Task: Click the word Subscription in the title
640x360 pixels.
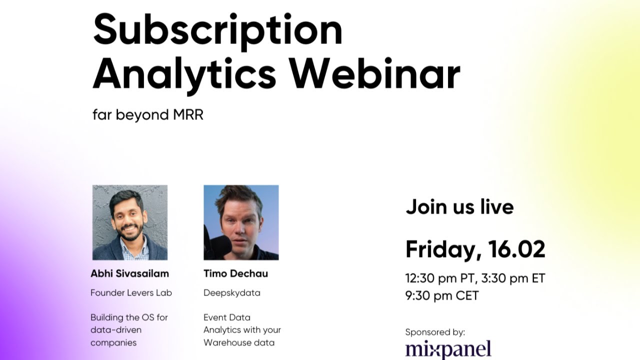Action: pos(217,31)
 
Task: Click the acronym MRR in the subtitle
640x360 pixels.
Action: pos(188,114)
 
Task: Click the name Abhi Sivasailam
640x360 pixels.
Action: pos(129,273)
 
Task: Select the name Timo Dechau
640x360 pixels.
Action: pos(235,273)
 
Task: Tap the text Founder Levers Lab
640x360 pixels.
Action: pos(131,293)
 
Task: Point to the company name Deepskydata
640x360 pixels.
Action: pos(231,293)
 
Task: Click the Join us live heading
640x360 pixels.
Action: pos(459,206)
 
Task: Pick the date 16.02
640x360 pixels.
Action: pos(516,249)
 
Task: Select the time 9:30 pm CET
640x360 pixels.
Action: pos(442,295)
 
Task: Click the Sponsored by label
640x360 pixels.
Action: pos(435,332)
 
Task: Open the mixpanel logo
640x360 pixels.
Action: pos(448,349)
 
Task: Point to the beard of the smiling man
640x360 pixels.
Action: pos(129,233)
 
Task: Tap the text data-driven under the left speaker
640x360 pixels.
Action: pos(116,330)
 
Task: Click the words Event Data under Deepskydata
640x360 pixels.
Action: pos(227,317)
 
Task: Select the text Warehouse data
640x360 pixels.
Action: pos(239,342)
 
